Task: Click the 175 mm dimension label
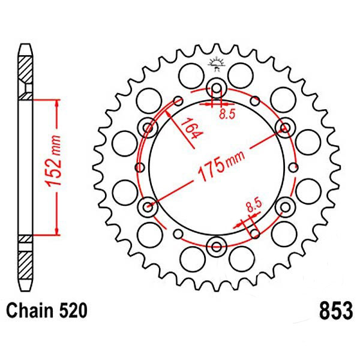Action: click(x=221, y=164)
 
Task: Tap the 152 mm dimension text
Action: click(x=53, y=161)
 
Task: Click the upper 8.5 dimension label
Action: click(x=227, y=113)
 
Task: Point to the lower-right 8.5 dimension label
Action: click(x=254, y=205)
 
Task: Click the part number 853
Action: click(x=335, y=311)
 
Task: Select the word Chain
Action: click(x=30, y=310)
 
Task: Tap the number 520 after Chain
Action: click(x=73, y=310)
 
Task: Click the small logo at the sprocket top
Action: click(x=216, y=64)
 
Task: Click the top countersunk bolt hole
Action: click(x=217, y=88)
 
